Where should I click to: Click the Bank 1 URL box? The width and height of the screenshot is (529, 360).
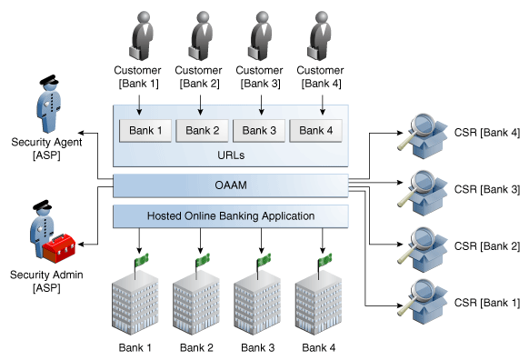[145, 130]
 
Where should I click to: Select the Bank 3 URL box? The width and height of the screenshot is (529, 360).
[260, 130]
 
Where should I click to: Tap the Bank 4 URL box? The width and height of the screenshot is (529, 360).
[317, 130]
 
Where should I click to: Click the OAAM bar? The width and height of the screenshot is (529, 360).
[230, 185]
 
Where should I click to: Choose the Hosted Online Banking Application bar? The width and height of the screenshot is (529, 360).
[230, 215]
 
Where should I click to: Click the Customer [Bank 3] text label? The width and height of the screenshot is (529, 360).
[260, 76]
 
